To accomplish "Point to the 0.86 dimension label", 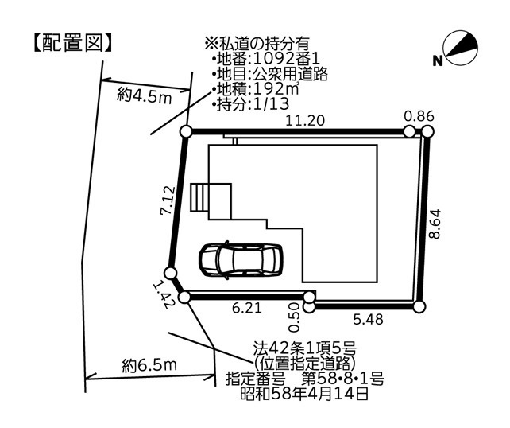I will (x=419, y=116).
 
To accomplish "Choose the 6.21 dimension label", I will (x=247, y=307).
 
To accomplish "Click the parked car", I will (x=240, y=259).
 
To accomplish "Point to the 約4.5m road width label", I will (x=145, y=96).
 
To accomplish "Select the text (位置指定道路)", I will (x=307, y=363).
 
